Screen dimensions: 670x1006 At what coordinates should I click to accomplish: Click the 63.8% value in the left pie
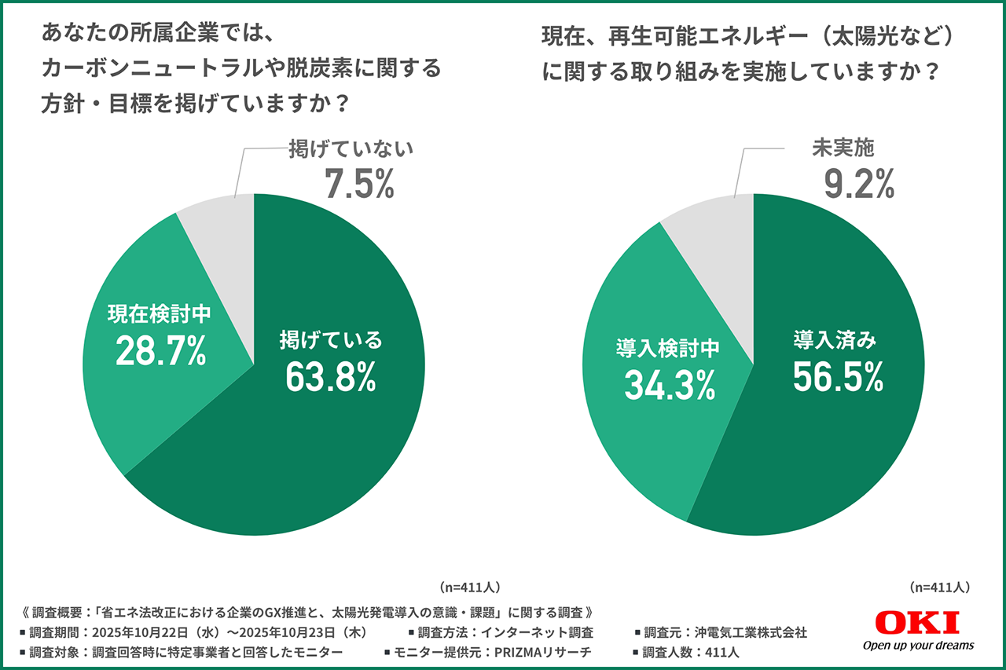331,377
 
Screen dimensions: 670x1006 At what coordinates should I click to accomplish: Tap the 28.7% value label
161,351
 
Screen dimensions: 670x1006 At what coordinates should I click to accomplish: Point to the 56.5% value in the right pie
838,378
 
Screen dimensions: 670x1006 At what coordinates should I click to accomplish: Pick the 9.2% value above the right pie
859,183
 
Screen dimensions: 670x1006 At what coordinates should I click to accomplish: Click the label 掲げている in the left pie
331,340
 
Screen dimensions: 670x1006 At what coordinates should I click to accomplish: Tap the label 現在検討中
160,314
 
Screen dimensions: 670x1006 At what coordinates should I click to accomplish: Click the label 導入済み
834,340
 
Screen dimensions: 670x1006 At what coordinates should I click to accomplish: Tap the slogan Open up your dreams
917,646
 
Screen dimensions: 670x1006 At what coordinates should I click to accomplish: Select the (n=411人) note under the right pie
939,587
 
